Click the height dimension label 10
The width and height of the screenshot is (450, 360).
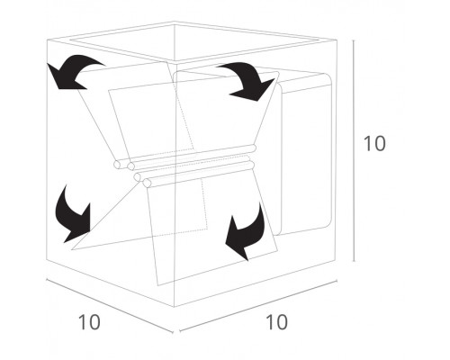pyautogui.click(x=374, y=143)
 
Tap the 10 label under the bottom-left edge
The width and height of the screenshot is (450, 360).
pyautogui.click(x=89, y=322)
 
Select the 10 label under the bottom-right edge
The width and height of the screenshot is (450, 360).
pyautogui.click(x=276, y=322)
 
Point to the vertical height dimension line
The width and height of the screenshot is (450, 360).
pyautogui.click(x=354, y=150)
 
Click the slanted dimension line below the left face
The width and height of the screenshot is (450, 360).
pyautogui.click(x=110, y=306)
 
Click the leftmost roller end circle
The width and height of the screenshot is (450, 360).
pyautogui.click(x=118, y=165)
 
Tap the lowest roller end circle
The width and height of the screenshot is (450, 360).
pyautogui.click(x=147, y=183)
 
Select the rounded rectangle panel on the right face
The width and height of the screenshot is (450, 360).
pyautogui.click(x=306, y=155)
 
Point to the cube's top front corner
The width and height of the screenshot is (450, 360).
pyautogui.click(x=175, y=64)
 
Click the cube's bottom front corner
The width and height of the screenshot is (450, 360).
pyautogui.click(x=175, y=307)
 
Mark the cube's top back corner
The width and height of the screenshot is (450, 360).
pyautogui.click(x=175, y=22)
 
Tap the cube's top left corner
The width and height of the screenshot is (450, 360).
pyautogui.click(x=47, y=40)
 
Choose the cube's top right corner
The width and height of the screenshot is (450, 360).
pyautogui.click(x=337, y=40)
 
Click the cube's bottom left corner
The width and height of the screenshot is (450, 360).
pyautogui.click(x=47, y=259)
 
